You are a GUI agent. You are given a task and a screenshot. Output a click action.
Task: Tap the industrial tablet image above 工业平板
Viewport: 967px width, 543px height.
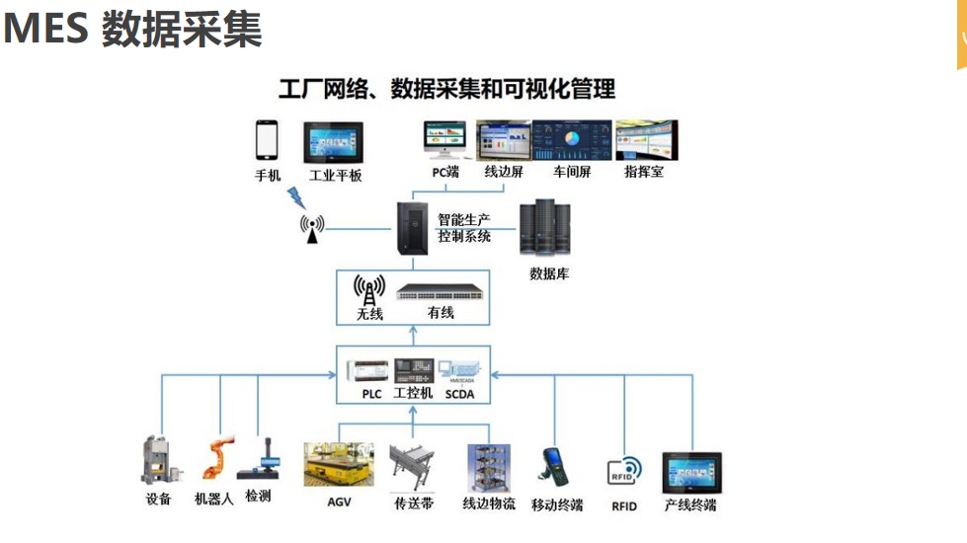(x=335, y=143)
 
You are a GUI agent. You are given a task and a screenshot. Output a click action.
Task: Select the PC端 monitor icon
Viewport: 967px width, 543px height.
(x=445, y=141)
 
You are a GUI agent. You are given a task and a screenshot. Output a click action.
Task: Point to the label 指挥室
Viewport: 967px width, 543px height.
(x=644, y=172)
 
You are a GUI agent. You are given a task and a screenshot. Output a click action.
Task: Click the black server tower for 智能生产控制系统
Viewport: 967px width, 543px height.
(x=411, y=228)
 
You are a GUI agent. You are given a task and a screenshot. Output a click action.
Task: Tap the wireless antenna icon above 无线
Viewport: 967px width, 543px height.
(x=370, y=290)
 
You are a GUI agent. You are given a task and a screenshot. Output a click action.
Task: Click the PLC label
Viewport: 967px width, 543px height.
(x=371, y=394)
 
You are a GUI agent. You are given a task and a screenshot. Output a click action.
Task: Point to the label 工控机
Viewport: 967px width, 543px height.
(x=413, y=393)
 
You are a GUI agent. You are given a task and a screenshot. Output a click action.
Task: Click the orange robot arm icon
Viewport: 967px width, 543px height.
(x=215, y=458)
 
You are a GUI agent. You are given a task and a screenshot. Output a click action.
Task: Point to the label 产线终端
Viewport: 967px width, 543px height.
(x=690, y=505)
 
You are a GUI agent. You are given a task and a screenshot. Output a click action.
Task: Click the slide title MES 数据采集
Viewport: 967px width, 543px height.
(x=132, y=29)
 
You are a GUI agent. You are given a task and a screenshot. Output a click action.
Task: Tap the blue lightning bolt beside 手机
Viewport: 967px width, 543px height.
(x=295, y=192)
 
